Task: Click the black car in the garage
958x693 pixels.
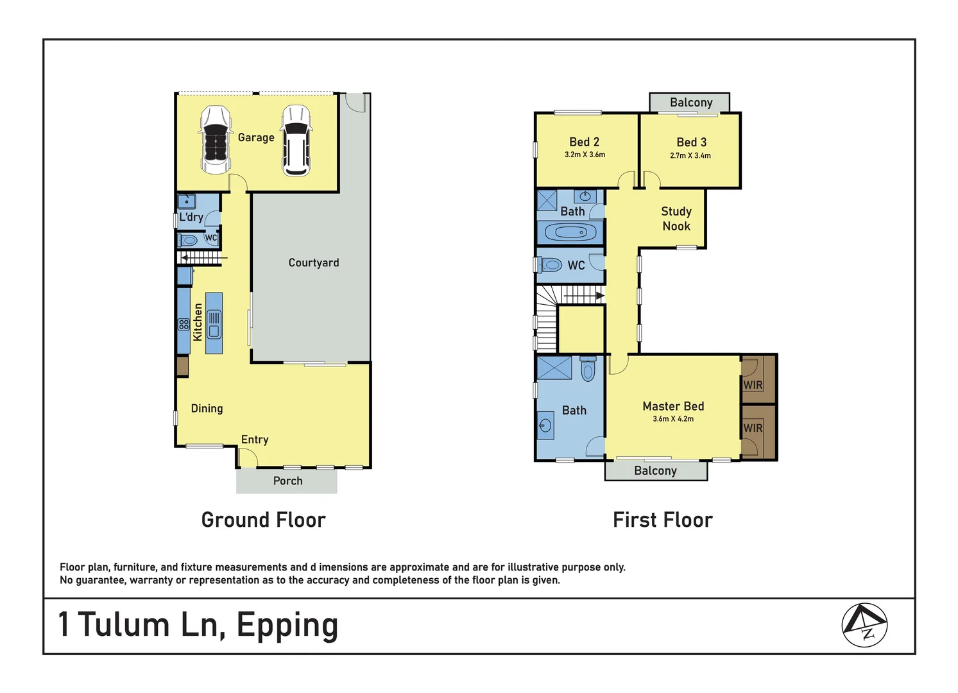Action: [216, 141]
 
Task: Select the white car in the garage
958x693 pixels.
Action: [296, 141]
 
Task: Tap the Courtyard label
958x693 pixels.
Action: [314, 262]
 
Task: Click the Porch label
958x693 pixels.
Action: [288, 481]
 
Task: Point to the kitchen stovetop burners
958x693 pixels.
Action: [184, 324]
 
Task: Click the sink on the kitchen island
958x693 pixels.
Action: [214, 324]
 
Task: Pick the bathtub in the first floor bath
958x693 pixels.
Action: [570, 233]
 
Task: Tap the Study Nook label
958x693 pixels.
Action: [676, 219]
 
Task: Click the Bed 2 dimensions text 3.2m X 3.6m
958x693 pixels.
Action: [585, 155]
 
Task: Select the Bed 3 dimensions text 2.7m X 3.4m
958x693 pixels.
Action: [690, 156]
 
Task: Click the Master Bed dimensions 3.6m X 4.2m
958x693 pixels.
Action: [673, 419]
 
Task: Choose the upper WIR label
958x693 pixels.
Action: [753, 385]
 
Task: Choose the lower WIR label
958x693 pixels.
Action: [753, 428]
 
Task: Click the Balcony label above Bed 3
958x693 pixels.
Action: [691, 103]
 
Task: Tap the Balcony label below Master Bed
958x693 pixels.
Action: [655, 471]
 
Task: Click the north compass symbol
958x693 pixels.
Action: [864, 625]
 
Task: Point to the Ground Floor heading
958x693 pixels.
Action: [264, 520]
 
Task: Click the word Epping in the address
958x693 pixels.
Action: [287, 626]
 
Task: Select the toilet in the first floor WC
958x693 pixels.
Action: [549, 265]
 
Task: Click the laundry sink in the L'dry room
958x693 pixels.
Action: [187, 201]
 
